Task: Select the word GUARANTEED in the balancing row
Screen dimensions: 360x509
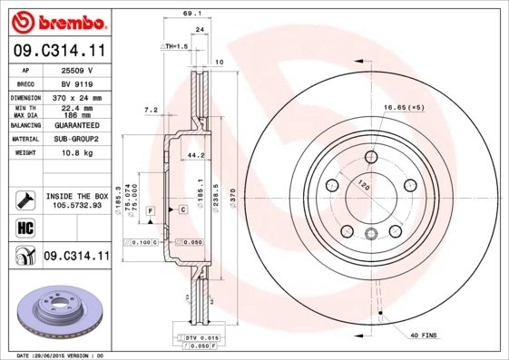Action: pos(76,125)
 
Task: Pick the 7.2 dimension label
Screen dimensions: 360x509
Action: pos(152,110)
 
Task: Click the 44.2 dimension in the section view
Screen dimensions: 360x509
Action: pos(192,155)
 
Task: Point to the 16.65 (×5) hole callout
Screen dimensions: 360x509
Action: pos(403,108)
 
